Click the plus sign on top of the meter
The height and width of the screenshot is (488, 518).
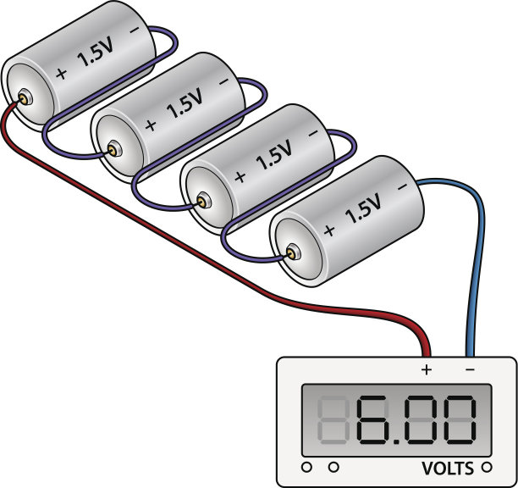pyautogui.click(x=427, y=369)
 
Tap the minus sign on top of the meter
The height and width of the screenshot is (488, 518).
pyautogui.click(x=470, y=369)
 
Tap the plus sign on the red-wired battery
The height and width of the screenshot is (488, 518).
pyautogui.click(x=60, y=74)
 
